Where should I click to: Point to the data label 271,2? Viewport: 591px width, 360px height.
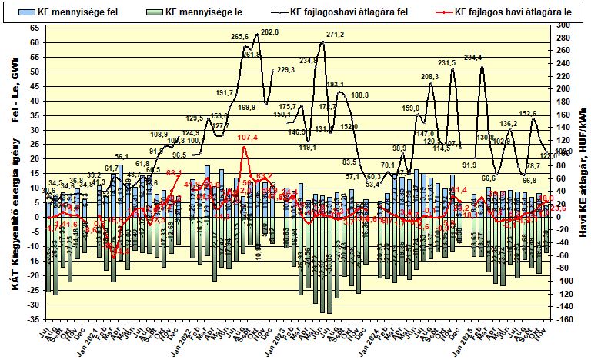pos(335,35)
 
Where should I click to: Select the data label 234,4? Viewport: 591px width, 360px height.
pos(472,58)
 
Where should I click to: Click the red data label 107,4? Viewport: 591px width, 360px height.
pos(248,138)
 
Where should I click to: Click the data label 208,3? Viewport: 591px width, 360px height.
pos(429,77)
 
